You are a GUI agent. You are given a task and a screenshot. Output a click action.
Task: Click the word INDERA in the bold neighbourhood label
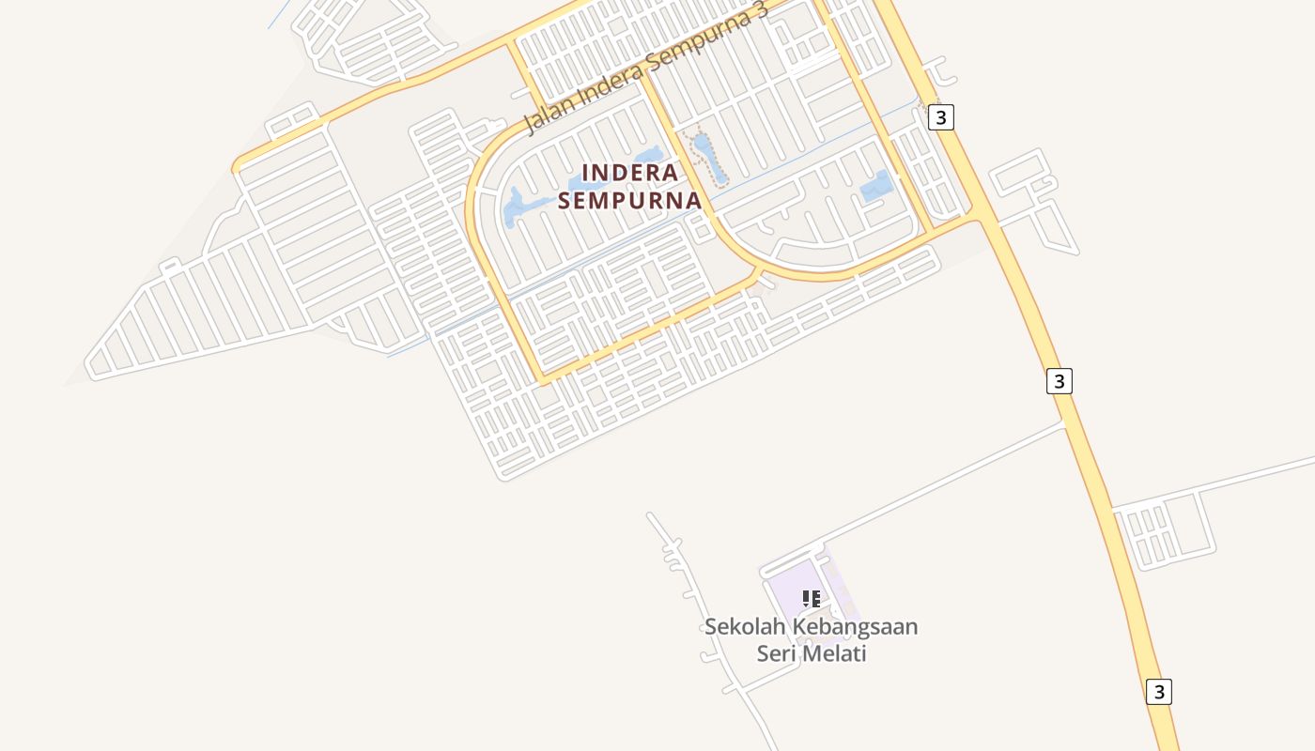click(x=630, y=173)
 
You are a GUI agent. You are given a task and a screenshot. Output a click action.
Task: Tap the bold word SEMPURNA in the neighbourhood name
click(x=630, y=200)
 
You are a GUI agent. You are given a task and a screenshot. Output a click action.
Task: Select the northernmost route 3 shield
click(x=940, y=117)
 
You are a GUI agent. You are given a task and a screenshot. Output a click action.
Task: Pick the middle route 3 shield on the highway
click(x=1060, y=381)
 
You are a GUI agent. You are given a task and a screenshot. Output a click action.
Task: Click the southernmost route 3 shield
click(x=1159, y=692)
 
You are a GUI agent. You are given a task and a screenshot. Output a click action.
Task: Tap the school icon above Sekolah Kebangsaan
click(x=812, y=598)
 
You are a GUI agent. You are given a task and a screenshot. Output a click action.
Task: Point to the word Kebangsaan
click(x=855, y=626)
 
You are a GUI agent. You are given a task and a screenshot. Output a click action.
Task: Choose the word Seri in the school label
click(x=776, y=653)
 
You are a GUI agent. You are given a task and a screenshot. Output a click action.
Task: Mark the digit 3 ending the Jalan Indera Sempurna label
click(x=761, y=10)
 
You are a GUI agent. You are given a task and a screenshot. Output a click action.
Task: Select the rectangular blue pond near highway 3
click(x=876, y=186)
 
